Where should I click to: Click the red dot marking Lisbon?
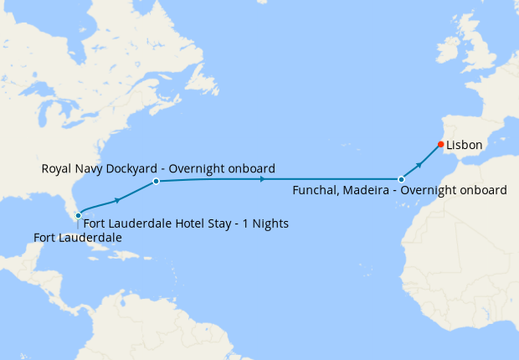click(440, 144)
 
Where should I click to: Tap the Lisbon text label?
click(464, 145)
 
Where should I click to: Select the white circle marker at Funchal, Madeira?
click(401, 179)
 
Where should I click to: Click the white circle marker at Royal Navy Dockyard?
click(156, 181)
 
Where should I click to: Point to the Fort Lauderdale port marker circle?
click(78, 216)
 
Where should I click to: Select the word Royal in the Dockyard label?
click(57, 169)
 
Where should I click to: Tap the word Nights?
click(270, 224)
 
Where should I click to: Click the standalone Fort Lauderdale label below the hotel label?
click(78, 239)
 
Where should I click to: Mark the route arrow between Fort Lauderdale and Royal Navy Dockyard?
click(117, 200)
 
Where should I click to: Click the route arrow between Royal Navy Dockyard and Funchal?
click(263, 179)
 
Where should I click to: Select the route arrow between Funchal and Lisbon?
click(420, 162)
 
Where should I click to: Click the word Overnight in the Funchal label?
click(428, 191)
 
